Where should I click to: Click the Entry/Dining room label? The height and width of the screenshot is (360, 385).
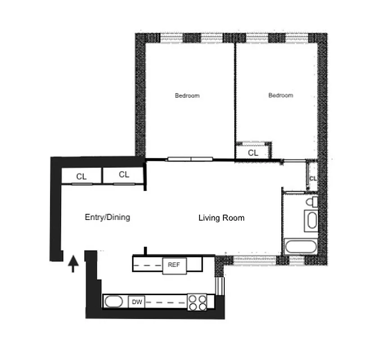pos(107,217)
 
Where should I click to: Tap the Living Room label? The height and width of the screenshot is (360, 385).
pos(221,218)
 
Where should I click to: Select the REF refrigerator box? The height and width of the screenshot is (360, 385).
pos(174,265)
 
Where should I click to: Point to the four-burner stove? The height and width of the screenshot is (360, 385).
pos(197,302)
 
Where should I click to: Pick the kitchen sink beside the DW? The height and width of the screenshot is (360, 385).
pos(113,302)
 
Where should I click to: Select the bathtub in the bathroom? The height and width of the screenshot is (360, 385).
pos(301,247)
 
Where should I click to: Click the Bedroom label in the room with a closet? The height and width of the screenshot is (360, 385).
pos(281,95)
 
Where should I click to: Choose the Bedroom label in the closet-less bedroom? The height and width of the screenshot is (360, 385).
pos(187,96)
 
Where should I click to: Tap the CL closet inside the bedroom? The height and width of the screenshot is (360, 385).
pos(254,153)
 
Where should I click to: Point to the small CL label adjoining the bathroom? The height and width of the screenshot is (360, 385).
pos(313,179)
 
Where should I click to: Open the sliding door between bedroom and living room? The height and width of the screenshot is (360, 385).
pos(190,159)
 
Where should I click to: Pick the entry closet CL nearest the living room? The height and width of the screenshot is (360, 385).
pos(124,175)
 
